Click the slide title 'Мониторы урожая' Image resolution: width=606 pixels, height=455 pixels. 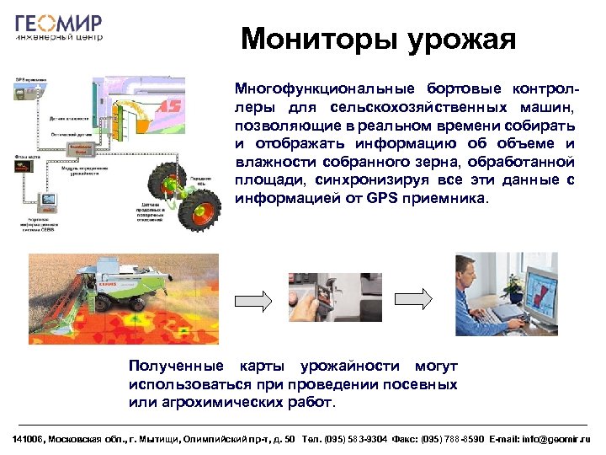click(x=377, y=39)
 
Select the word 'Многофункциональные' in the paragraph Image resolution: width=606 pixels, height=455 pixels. click(x=306, y=88)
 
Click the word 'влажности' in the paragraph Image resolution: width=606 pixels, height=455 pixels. click(x=272, y=163)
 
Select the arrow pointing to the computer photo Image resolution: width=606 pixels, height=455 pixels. click(x=414, y=299)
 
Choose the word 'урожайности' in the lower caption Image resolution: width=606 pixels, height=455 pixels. click(x=346, y=367)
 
